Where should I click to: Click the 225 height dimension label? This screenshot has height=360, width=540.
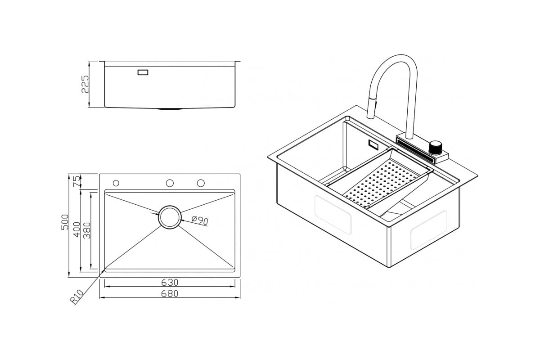coord(85,84)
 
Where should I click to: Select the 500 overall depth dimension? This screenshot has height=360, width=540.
coord(65,222)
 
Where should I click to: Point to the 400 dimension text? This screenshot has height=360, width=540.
coord(77,229)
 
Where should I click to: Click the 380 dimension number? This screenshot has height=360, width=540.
coord(87,230)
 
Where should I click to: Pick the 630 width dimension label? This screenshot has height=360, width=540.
coord(170,282)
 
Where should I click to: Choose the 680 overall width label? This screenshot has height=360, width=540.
coord(170,293)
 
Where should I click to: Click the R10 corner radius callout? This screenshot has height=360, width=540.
coord(76,296)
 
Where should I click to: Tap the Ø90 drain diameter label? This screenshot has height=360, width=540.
coord(200,220)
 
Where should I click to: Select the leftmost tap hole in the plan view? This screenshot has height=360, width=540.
coord(116,183)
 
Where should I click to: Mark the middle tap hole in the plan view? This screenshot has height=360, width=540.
coord(170,183)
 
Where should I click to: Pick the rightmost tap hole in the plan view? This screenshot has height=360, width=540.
coord(201,183)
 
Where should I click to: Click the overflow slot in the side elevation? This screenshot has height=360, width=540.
coord(143,72)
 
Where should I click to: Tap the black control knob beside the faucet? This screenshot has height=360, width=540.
coord(435,148)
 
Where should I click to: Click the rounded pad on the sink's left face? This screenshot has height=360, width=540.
coord(333,214)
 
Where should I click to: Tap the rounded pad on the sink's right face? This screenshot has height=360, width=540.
coord(428,230)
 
